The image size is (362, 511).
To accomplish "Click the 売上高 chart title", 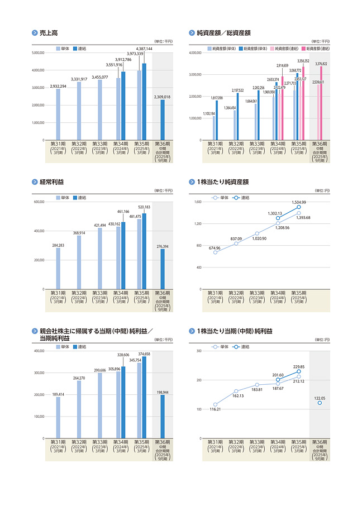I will point(49,33).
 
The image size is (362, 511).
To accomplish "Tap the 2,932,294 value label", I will point(58,86).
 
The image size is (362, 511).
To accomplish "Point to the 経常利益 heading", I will point(51,182).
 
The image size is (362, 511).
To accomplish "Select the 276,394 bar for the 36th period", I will point(163,269).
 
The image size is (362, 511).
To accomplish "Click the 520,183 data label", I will point(144,207).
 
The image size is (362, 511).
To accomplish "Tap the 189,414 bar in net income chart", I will point(58,417).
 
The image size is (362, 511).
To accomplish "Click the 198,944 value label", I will point(163,392).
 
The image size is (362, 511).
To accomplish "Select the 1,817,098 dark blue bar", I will point(217,120).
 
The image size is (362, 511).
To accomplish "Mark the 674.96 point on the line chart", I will point(215,252).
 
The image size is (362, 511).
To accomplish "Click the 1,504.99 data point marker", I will point(299,207).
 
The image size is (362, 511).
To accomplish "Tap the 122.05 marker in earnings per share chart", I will point(320,403).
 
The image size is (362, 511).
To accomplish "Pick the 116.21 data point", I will point(215,404).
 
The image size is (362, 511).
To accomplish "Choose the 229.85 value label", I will point(299,367).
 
